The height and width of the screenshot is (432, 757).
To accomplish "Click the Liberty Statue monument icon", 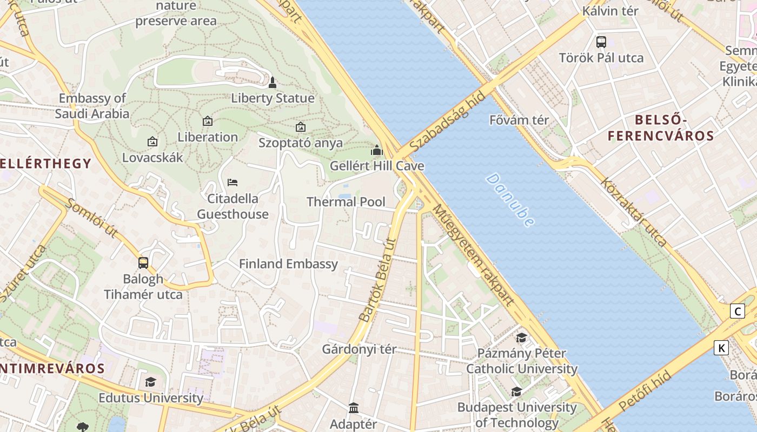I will (273, 83).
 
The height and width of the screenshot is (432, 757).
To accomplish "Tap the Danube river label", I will (510, 200).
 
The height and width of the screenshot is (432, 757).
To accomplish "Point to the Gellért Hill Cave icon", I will (377, 150).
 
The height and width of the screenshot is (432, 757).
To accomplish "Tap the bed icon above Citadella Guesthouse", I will (233, 183).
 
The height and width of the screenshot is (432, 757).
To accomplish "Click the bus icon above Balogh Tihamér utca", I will (143, 262).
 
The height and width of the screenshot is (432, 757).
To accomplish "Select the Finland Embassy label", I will (288, 264).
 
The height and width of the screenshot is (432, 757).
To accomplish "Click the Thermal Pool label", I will (346, 202).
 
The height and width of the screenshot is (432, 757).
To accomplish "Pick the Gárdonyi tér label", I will (359, 349).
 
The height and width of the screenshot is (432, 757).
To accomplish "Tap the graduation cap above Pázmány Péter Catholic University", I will (521, 338).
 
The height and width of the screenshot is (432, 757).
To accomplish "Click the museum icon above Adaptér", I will (354, 408).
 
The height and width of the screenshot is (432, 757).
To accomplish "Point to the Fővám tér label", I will (519, 120).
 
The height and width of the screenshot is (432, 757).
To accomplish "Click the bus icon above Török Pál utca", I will (601, 42).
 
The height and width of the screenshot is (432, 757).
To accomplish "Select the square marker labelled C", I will (737, 311).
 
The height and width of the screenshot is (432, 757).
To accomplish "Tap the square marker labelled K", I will (721, 348).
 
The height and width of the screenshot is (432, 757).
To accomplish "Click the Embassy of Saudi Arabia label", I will (92, 106).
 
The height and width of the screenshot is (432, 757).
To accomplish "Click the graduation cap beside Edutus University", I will (150, 382).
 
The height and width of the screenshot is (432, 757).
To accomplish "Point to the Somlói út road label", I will (91, 218).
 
